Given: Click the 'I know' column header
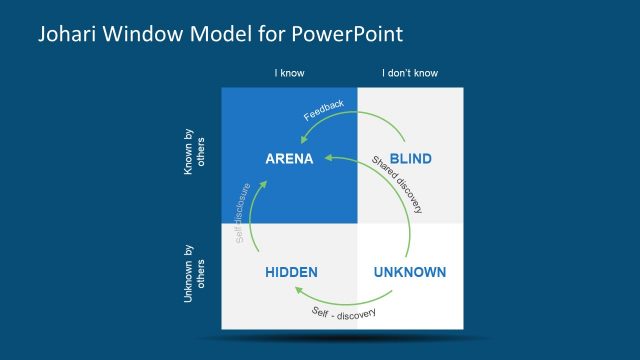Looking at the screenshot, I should (x=289, y=73).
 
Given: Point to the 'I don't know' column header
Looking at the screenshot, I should (x=410, y=73).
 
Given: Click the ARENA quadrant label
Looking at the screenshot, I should (x=290, y=159).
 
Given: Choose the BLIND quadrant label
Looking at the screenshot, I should (x=409, y=159).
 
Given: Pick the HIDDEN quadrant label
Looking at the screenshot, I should (x=291, y=272).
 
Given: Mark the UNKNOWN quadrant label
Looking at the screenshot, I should (x=409, y=272).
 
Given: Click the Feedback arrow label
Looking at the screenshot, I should (x=324, y=110).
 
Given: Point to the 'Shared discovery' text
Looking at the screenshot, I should (x=397, y=185).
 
